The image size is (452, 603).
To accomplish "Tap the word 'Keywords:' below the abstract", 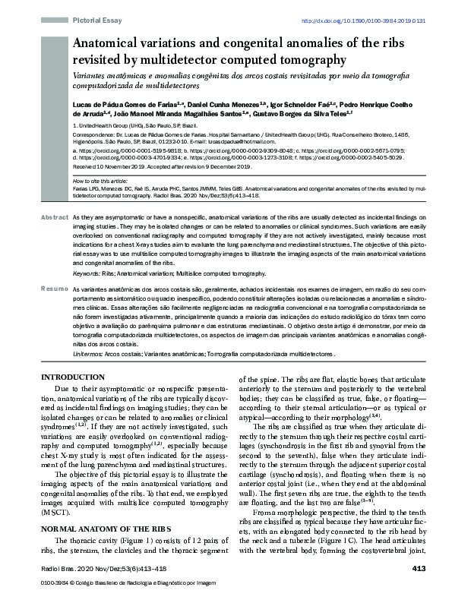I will click(87, 272).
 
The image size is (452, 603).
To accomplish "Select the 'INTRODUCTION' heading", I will click(72, 377).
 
